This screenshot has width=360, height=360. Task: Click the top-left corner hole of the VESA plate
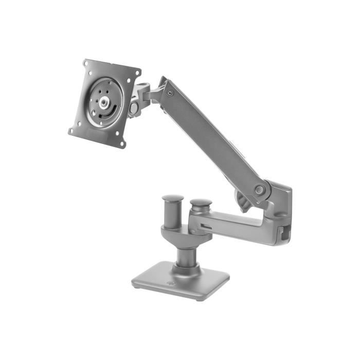point(86,64)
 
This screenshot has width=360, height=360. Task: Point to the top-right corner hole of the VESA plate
point(137,74)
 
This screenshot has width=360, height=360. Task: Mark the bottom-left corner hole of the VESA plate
point(71,131)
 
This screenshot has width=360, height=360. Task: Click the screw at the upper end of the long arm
point(169,93)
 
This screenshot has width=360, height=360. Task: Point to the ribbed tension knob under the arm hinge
point(243,201)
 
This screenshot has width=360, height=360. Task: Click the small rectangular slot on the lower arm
point(205,226)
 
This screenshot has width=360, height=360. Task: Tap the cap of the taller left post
point(173,198)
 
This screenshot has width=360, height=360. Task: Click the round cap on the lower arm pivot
point(201,203)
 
